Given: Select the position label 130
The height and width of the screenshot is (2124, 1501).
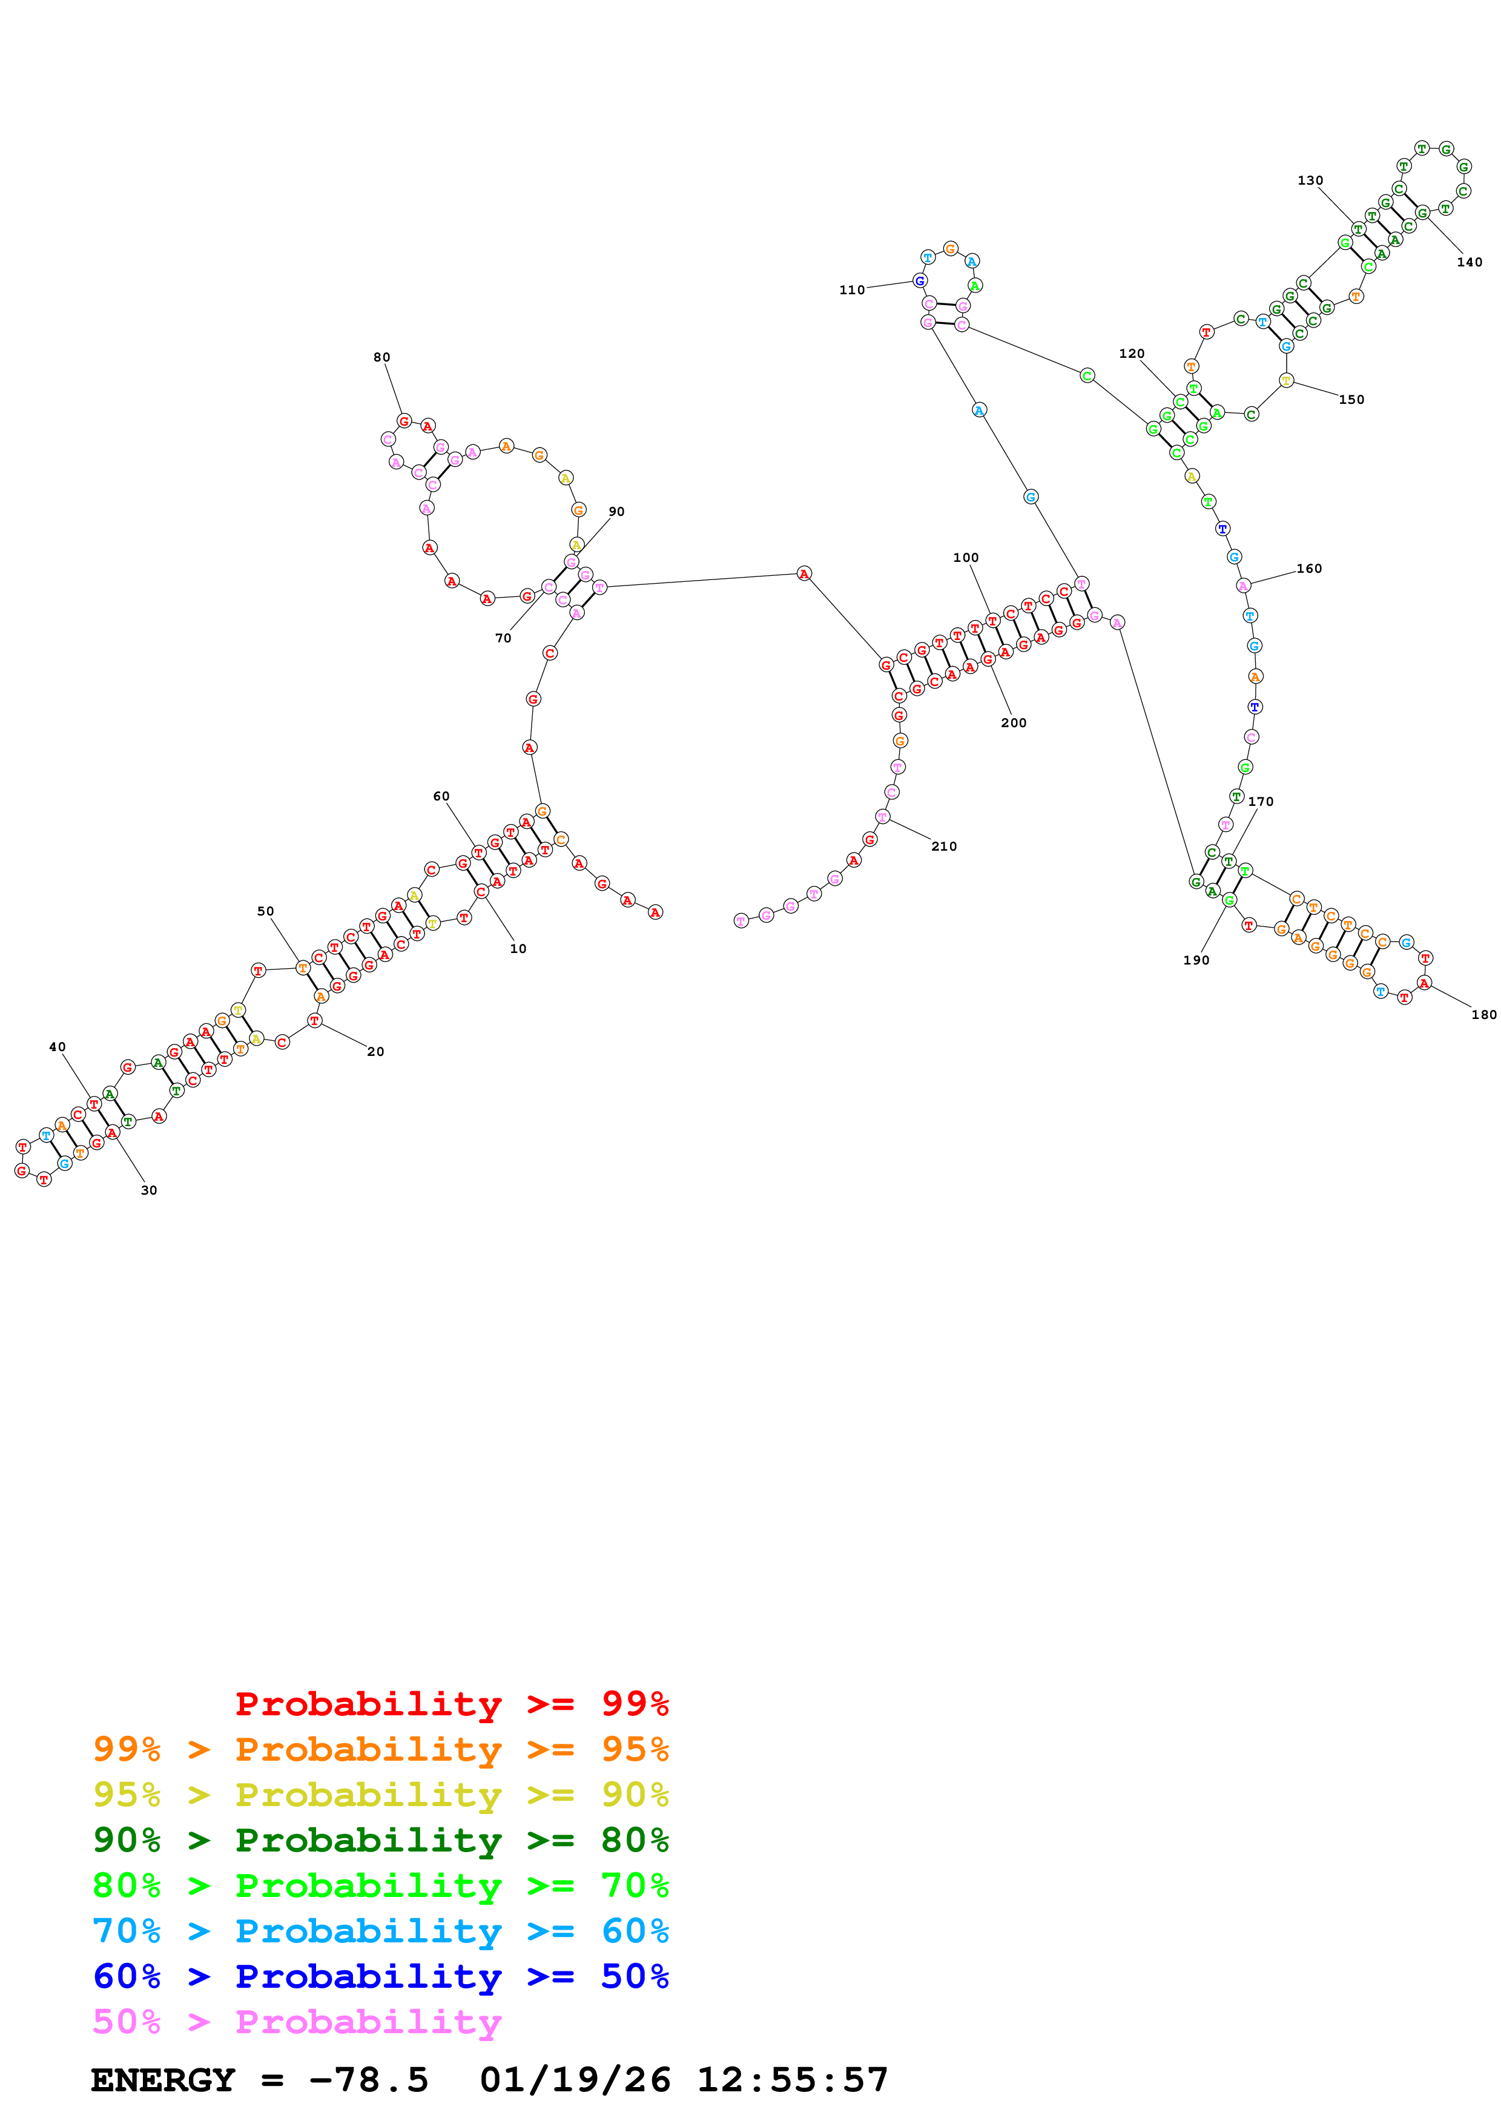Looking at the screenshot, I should [1310, 180].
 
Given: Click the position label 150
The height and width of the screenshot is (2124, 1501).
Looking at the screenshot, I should [1351, 400].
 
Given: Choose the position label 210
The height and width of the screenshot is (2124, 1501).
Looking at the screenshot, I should [943, 846].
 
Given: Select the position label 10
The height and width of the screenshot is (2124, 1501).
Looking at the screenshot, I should [518, 949].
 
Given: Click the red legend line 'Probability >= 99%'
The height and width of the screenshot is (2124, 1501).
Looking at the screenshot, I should [451, 1704].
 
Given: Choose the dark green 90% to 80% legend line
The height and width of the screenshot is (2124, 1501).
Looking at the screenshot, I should [380, 1840].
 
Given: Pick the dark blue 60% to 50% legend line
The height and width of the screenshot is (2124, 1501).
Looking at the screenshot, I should [380, 1976].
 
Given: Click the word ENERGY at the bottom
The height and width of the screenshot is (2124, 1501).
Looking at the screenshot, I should [163, 2080].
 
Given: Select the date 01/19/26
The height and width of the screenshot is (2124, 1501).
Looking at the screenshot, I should [575, 2080].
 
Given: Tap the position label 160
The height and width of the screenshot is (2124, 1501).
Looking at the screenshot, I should [1308, 569].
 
